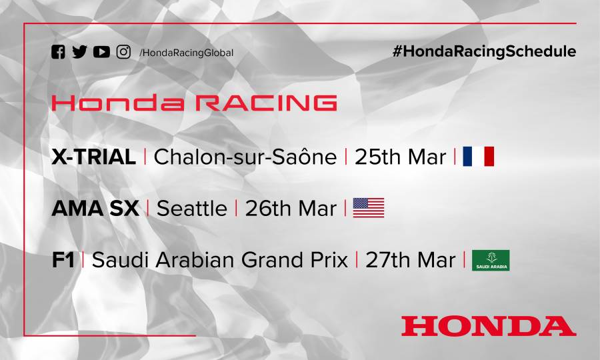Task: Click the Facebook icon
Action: tap(58, 52)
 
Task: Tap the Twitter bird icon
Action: tap(79, 52)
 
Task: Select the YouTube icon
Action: tap(101, 52)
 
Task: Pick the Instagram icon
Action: tap(123, 52)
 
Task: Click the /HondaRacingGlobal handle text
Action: tap(186, 53)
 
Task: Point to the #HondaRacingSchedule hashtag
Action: tap(484, 51)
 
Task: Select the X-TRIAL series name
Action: tap(93, 157)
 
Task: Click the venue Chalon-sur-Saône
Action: tap(245, 157)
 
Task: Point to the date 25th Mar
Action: tap(400, 157)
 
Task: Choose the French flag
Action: tap(478, 157)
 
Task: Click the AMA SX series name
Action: tap(95, 208)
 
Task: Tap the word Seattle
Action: tap(191, 208)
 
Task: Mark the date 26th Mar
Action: tap(290, 208)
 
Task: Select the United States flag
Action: tap(369, 208)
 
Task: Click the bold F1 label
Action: tap(63, 260)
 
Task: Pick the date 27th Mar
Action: tap(410, 260)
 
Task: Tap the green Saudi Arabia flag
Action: tap(491, 260)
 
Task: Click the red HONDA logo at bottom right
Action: tap(488, 325)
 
